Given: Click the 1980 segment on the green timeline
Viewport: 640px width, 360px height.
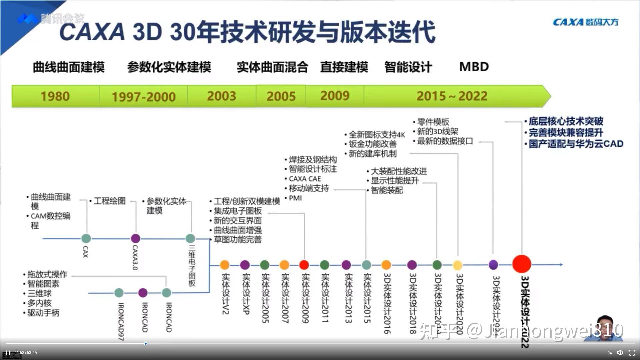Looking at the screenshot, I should tap(55, 96).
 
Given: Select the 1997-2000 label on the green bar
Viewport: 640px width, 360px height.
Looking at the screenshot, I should tap(143, 97).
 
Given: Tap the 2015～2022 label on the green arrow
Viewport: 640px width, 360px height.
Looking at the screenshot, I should tap(452, 96).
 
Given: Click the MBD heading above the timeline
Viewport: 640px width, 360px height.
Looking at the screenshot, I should tap(474, 67).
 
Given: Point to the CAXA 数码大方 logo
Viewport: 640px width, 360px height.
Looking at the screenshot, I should tap(585, 22).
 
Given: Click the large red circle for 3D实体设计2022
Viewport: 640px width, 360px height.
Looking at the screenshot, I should tap(521, 264).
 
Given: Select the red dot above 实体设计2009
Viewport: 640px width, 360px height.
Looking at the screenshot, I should tap(304, 265).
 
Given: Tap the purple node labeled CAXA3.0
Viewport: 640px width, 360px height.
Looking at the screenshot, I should tap(135, 238).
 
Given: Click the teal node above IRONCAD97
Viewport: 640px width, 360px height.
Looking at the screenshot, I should tap(119, 293).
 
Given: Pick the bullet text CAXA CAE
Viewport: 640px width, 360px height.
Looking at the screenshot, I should tap(305, 179).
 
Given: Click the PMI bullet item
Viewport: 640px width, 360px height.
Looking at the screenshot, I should tap(295, 198).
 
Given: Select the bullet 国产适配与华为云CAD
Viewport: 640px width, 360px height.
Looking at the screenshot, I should tap(576, 144).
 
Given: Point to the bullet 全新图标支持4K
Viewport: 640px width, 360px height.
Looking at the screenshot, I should tap(376, 135).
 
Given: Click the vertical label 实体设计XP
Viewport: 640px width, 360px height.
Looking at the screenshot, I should tap(246, 293).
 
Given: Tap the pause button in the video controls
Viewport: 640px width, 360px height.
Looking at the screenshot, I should tap(8, 353).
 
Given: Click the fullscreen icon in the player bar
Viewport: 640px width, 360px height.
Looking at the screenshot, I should tap(632, 353).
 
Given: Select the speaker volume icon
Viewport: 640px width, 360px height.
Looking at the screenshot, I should tap(620, 353).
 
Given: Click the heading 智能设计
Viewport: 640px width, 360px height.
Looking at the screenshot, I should tap(408, 67).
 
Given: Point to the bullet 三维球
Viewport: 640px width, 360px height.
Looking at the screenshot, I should tap(39, 294).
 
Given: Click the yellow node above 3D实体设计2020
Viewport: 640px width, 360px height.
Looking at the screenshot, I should tap(458, 265).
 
